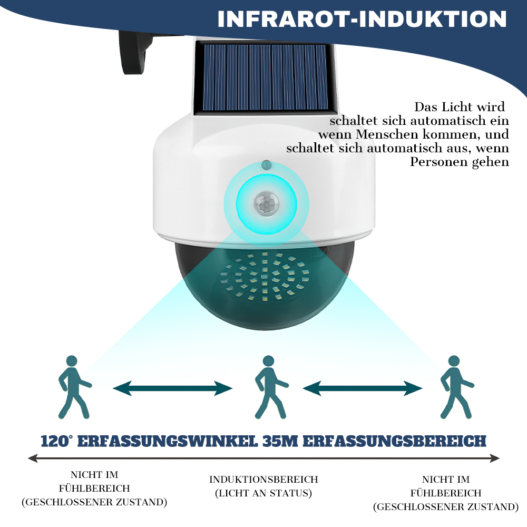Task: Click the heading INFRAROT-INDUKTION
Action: point(362,19)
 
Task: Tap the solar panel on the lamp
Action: point(265,77)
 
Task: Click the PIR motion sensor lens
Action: point(267,203)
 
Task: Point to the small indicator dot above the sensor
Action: point(267,165)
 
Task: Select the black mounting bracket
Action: point(134,52)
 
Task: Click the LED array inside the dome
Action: point(265,276)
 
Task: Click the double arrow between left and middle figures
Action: point(172,388)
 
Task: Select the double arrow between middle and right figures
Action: point(363,388)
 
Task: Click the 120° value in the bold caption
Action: point(56,441)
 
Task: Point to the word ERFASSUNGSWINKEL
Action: point(168,441)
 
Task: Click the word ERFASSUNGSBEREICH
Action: point(395,441)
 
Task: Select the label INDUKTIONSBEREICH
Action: point(263,479)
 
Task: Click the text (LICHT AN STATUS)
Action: point(263,493)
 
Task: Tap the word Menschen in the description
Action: point(387,134)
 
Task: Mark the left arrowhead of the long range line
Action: point(33,458)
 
